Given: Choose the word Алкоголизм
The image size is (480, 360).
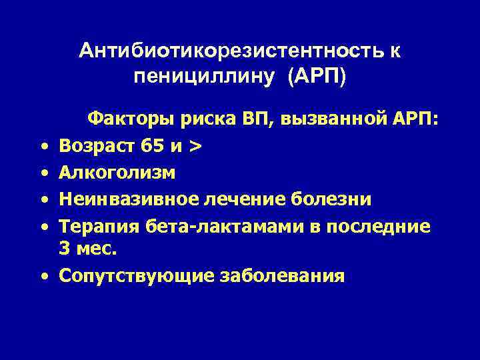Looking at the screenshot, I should [x=117, y=173].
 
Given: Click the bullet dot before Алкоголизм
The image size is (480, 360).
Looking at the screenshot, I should [x=42, y=173].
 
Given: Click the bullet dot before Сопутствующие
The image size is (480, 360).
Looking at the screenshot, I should [x=42, y=276].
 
